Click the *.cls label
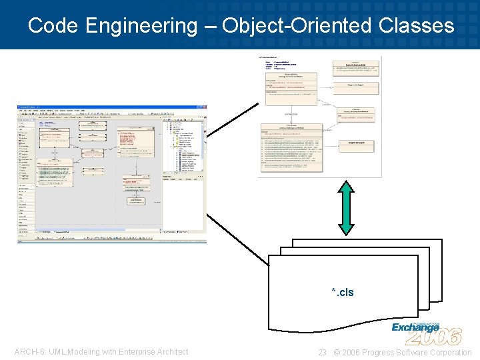point(343,292)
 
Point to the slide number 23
point(322,352)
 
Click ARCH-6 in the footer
point(27,352)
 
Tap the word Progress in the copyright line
point(375,352)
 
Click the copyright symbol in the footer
point(336,352)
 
